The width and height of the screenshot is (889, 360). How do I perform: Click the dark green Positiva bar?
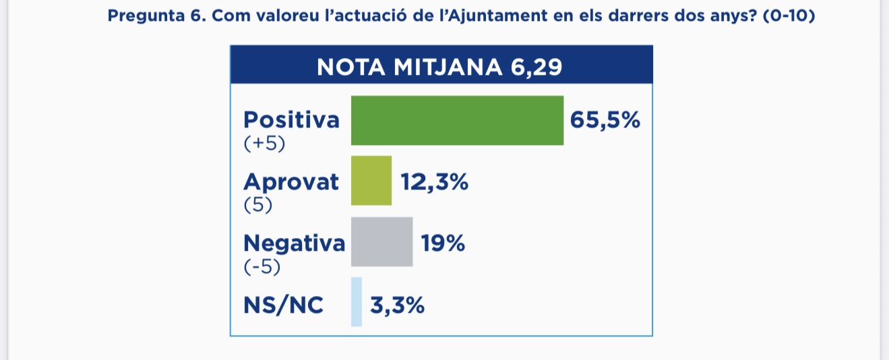pos(457,121)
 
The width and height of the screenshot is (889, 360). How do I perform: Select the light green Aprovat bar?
pos(371,181)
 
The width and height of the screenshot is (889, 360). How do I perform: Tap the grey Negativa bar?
pos(381,241)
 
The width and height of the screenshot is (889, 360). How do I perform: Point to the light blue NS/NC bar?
pos(357,302)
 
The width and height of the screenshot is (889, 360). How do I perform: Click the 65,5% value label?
pos(605,121)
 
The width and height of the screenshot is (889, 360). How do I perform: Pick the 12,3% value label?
pos(435,181)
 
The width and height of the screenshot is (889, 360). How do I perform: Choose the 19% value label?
pos(443,242)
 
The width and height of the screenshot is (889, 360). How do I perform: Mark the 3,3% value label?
pos(397,305)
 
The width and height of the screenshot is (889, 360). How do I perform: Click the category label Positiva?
pos(292,121)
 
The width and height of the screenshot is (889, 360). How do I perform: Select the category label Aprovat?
pos(291,181)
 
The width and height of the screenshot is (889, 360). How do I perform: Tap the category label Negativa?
pos(294,242)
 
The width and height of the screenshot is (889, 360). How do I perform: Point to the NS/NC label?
pos(283,305)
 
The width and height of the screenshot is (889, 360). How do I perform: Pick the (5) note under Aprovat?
pos(257,204)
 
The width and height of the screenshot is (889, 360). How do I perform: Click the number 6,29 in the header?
pos(537,67)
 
